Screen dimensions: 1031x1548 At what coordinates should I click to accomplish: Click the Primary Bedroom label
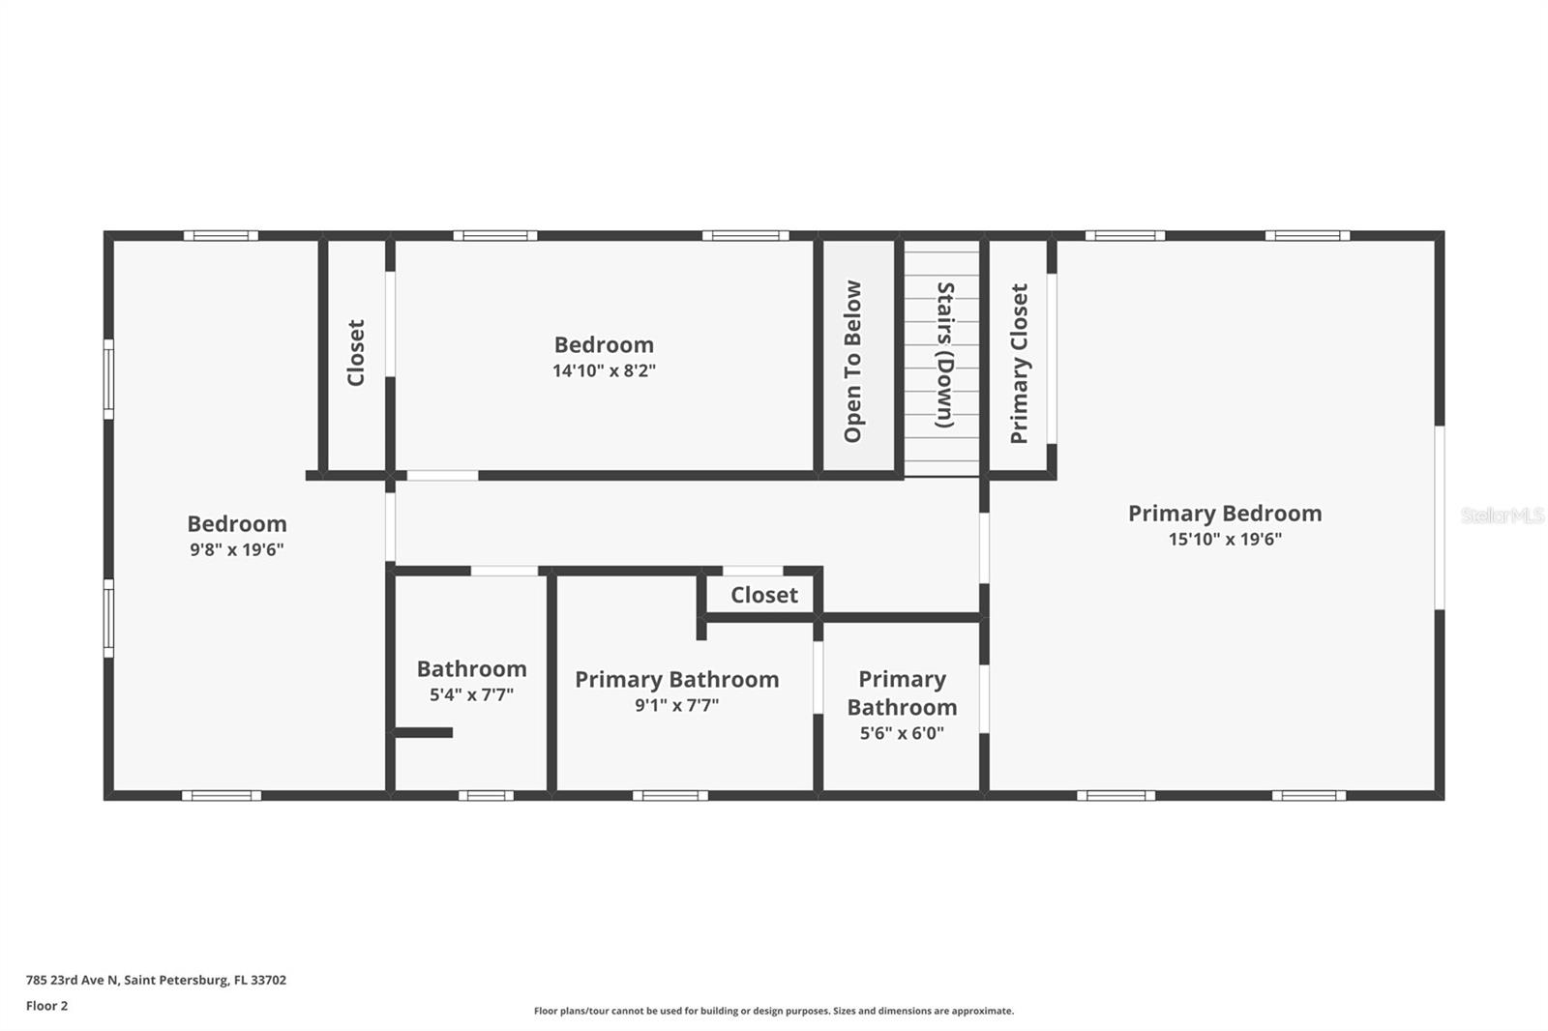(x=1224, y=514)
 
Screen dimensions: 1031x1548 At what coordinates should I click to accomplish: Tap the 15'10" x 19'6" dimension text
(x=1224, y=540)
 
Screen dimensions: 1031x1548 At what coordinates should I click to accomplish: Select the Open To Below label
(x=852, y=362)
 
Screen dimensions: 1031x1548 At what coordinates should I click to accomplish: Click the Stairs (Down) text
(x=944, y=355)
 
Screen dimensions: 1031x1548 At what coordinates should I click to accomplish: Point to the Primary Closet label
(x=1019, y=364)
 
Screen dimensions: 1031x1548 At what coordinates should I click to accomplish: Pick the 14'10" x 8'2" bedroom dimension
(x=604, y=370)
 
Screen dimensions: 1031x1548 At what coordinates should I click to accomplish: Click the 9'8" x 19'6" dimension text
(x=236, y=550)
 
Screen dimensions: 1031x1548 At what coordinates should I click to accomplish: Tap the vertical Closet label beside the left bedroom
(x=356, y=353)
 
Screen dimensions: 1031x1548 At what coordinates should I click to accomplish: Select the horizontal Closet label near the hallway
(x=763, y=595)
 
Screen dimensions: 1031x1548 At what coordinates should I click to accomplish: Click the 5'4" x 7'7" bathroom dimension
(x=471, y=694)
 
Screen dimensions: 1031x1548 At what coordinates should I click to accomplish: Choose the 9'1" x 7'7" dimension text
(x=676, y=705)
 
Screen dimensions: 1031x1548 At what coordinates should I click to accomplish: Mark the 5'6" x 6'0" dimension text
(x=901, y=733)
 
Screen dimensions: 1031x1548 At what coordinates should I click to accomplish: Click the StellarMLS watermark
(x=1502, y=515)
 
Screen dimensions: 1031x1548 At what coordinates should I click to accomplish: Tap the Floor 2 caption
(x=46, y=1006)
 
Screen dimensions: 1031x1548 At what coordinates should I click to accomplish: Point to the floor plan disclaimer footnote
(x=773, y=1011)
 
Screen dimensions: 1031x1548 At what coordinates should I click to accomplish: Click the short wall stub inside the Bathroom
(x=424, y=732)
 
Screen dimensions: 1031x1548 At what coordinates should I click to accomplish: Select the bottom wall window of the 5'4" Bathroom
(x=486, y=796)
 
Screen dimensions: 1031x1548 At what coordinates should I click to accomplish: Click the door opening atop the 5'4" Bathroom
(x=504, y=571)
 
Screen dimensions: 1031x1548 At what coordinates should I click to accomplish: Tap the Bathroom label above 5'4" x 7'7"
(x=471, y=669)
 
